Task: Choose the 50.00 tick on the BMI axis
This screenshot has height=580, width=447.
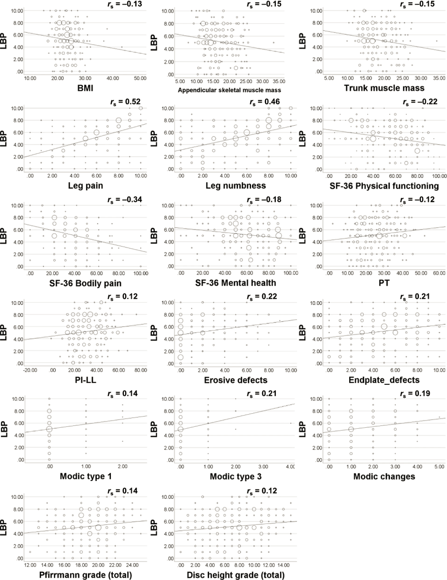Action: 139,78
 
